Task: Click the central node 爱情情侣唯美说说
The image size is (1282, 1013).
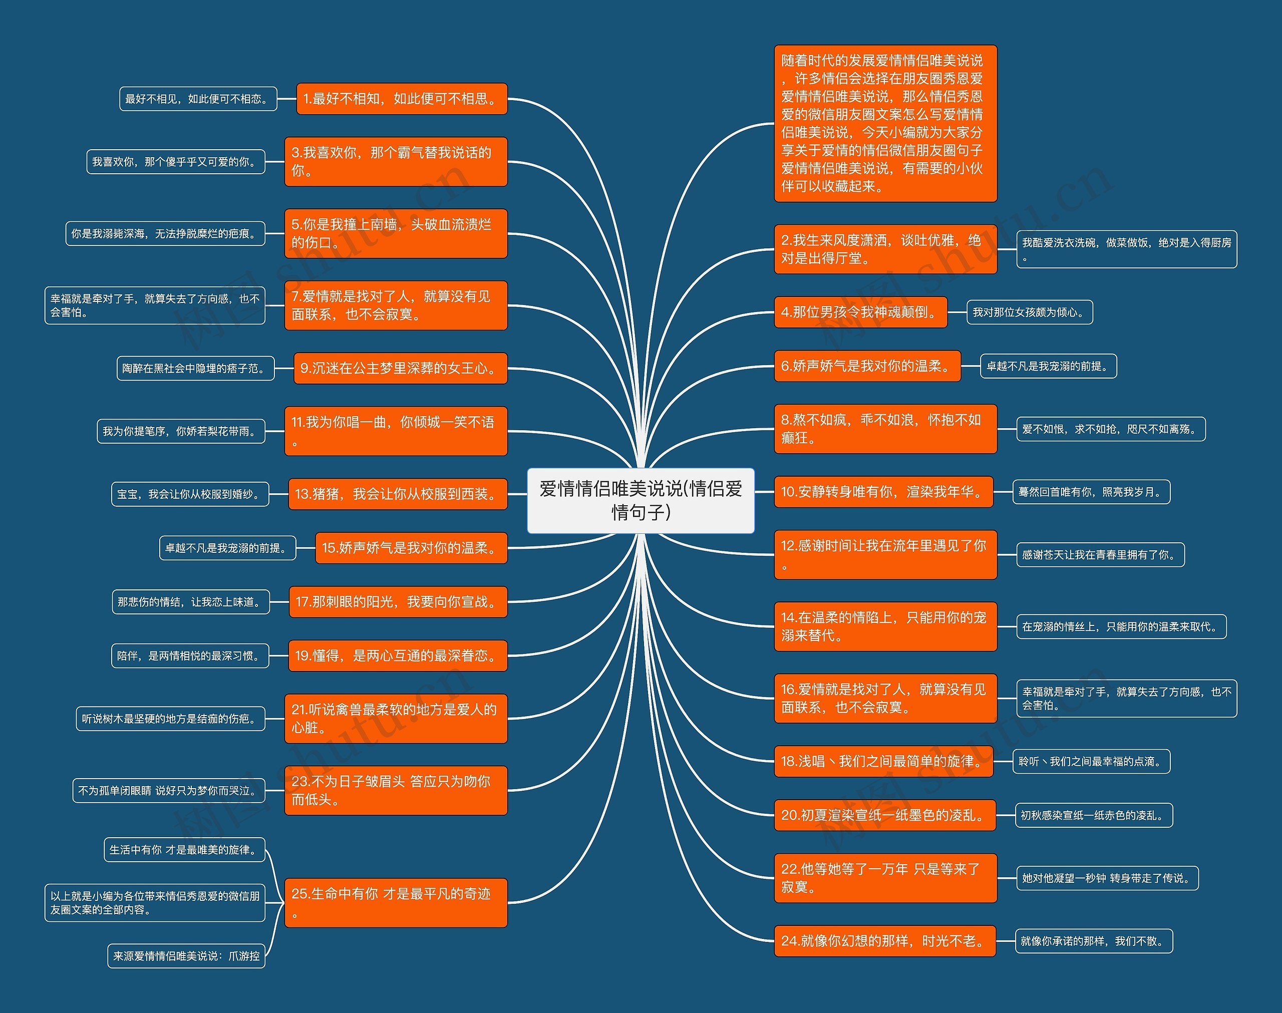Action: pos(640,500)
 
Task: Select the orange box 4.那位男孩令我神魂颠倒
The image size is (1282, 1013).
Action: pos(860,312)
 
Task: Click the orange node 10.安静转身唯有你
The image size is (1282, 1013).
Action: pos(883,492)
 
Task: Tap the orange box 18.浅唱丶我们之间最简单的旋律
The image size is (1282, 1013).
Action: pos(883,761)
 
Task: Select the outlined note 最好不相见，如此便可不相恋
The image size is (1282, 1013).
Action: pos(199,99)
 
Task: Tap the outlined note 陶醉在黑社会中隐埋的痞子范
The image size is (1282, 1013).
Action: pos(195,369)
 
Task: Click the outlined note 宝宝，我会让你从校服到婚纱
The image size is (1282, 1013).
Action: pos(190,494)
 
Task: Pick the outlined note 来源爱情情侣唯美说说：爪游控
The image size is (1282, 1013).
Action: pos(186,956)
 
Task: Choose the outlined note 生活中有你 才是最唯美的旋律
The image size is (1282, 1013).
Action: pos(184,850)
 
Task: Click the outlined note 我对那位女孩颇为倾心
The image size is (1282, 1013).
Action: pos(1030,312)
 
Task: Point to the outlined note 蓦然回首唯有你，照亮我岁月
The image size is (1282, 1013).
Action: pos(1091,492)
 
